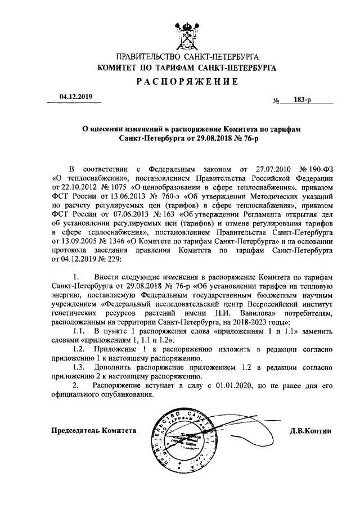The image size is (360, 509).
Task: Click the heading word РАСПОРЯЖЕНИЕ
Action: tap(186, 82)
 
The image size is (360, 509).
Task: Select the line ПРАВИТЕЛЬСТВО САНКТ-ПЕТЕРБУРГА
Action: tap(186, 57)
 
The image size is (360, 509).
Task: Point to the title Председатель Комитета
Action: tap(93, 430)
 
